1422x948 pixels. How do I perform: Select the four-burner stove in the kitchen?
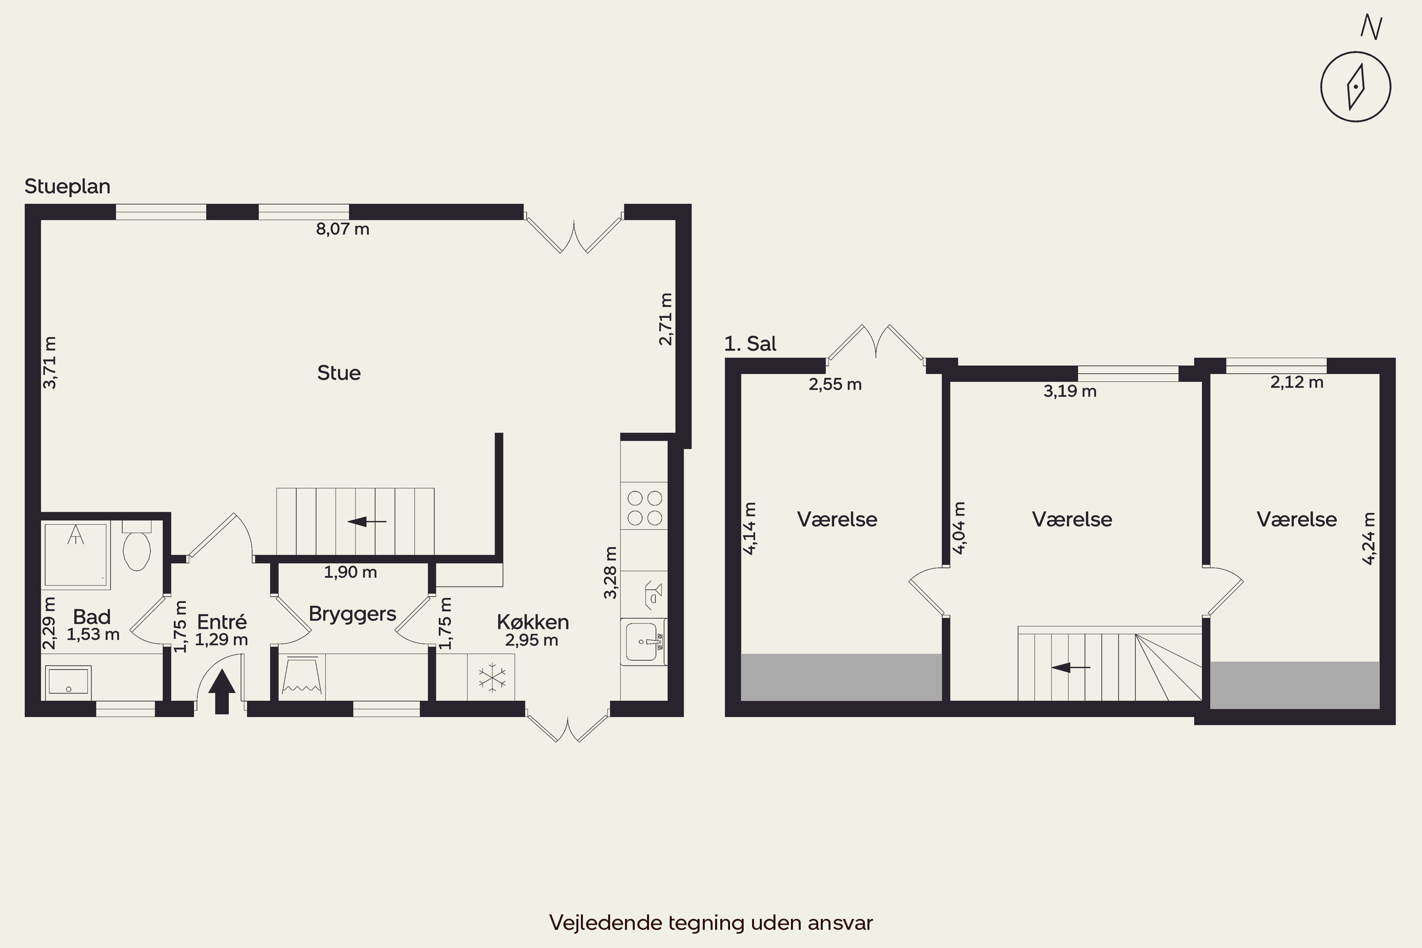coord(645,508)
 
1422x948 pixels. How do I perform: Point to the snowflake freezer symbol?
coord(492,678)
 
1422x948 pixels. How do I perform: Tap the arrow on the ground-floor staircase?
coord(367,521)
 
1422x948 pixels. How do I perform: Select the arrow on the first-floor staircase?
coord(1071,667)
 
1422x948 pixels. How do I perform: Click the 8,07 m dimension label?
coord(343,229)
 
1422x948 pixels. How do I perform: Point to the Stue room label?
coord(339,373)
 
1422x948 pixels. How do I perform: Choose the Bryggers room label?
coord(353,614)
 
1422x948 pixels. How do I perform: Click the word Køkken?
coord(533,621)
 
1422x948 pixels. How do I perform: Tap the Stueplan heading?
coord(67,186)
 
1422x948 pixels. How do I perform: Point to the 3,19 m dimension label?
coord(1070,391)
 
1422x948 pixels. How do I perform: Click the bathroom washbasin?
coord(68,681)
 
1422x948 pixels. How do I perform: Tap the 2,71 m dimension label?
coord(665,319)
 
